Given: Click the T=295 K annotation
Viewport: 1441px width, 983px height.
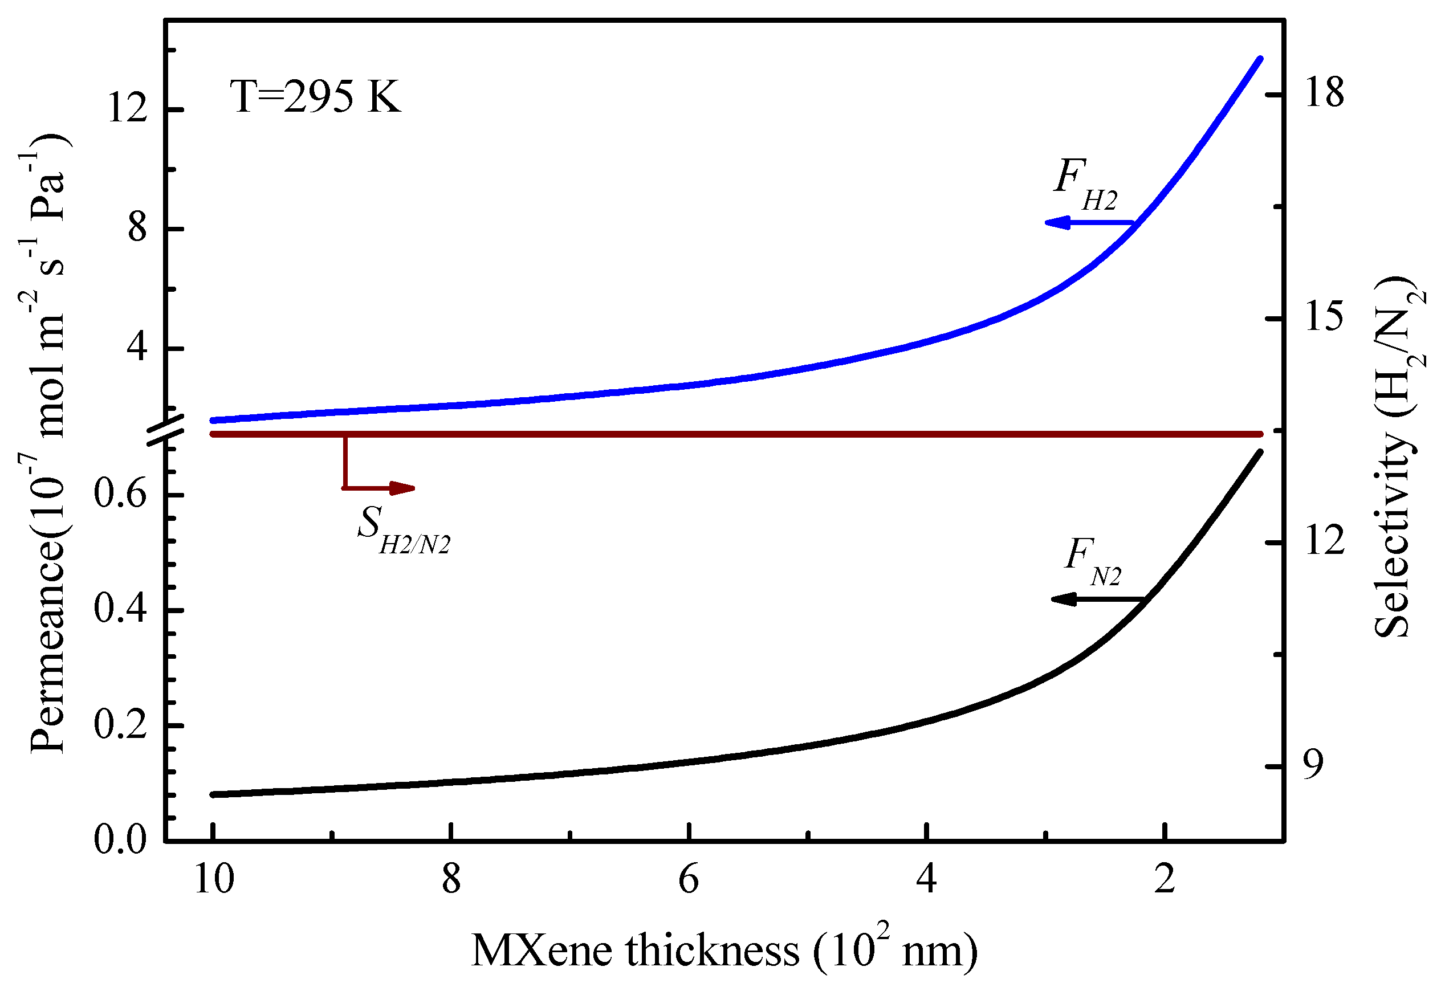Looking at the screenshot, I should [315, 97].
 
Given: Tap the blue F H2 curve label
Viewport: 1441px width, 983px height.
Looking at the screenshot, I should [1085, 184].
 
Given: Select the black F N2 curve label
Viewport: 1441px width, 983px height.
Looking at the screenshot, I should [1092, 561].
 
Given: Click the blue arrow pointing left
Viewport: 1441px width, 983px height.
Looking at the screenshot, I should [1088, 222].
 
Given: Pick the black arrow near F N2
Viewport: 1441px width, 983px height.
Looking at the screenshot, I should [1096, 599].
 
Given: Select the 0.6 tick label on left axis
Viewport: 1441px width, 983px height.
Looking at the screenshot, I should [120, 495].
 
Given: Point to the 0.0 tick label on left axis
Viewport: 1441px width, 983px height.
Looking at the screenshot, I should [120, 841].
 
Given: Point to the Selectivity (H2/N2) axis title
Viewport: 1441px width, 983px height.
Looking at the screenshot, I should [1398, 458].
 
